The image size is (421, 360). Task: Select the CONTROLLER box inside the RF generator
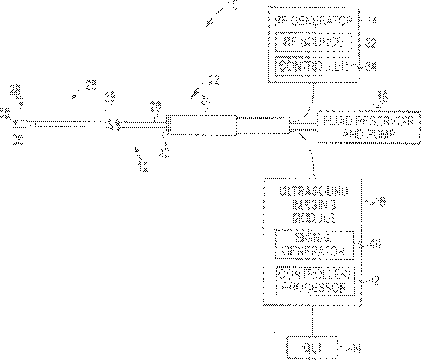[x=312, y=66]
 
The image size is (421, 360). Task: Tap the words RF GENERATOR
[x=312, y=21]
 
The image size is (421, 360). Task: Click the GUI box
[x=312, y=346]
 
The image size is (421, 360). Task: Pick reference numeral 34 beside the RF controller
[x=372, y=67]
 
